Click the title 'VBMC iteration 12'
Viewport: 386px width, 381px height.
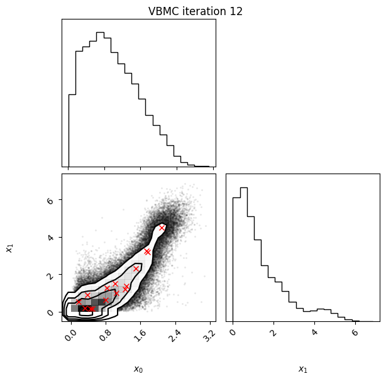196,11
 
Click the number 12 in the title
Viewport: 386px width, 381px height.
236,11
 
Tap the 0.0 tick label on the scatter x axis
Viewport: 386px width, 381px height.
71,334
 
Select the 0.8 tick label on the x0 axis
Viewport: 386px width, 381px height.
106,334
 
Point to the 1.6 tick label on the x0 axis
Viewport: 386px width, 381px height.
140,334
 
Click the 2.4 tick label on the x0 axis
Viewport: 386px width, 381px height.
175,334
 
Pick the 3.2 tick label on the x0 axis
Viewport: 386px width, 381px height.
210,334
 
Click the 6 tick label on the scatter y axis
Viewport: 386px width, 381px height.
50,201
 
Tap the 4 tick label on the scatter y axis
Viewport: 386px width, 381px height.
50,238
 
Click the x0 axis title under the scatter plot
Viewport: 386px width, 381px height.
138,369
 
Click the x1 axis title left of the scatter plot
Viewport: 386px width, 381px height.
9,248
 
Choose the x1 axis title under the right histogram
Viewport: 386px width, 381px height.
303,369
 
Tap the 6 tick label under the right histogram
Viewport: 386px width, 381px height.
355,333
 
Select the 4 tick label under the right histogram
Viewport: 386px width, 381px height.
314,333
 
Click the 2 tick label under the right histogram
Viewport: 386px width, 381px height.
273,333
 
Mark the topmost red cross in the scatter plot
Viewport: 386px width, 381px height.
162,228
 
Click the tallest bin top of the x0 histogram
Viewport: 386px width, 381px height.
100,32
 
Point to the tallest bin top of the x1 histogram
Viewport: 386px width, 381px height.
244,188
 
